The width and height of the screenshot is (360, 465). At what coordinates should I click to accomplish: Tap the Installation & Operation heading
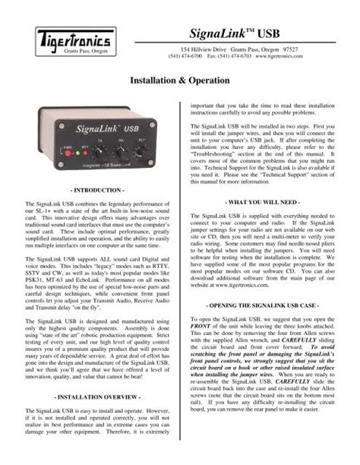pyautogui.click(x=180, y=78)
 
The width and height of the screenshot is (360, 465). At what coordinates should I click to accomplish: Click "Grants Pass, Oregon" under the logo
pyautogui.click(x=78, y=51)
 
